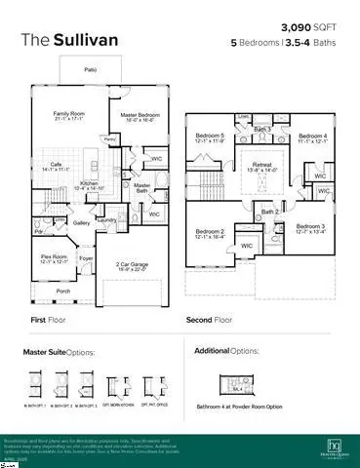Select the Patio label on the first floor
click(90, 71)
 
